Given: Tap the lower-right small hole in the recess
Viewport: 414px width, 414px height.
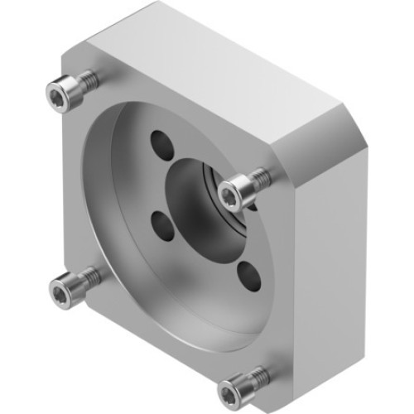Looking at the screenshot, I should point(248,276).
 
